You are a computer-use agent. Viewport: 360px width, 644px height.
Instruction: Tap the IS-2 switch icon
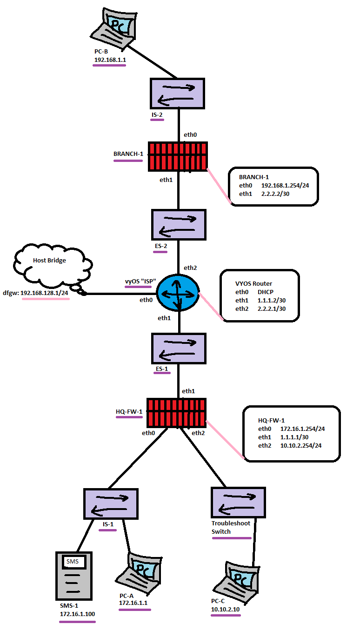pos(177,94)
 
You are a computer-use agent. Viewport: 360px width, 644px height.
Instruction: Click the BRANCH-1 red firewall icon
pos(178,155)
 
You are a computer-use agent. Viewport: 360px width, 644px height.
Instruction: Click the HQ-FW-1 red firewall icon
pos(176,412)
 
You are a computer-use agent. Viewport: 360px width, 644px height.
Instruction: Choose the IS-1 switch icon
pos(111,504)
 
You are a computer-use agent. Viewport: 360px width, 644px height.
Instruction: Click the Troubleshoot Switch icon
pos(238,503)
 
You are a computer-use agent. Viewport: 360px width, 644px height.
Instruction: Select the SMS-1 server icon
pos(74,576)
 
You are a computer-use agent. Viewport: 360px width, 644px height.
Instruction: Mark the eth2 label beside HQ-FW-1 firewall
pos(198,433)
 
